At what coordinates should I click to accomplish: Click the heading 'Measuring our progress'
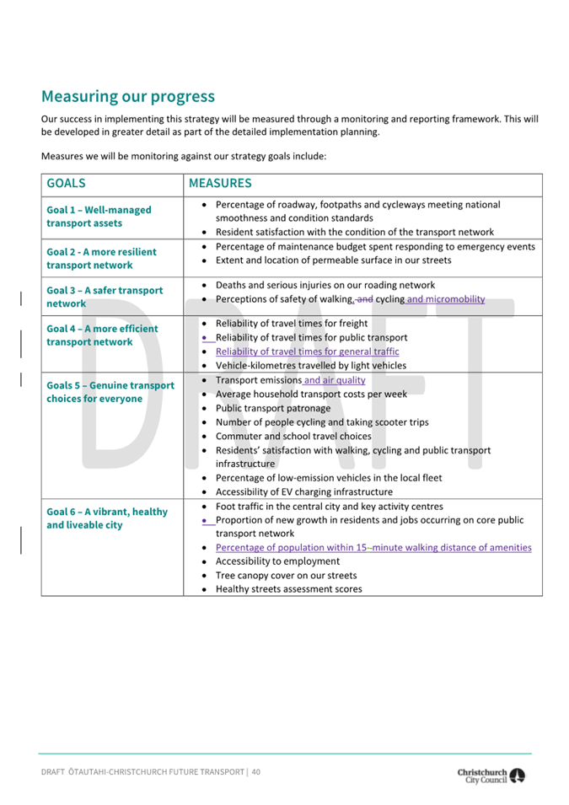[127, 96]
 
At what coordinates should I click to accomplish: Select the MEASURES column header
[220, 183]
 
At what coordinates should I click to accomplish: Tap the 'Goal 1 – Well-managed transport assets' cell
[99, 217]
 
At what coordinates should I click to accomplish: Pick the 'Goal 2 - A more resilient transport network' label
[101, 258]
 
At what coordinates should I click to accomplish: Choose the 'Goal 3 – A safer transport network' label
[105, 297]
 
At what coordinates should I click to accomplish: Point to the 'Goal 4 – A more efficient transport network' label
[102, 335]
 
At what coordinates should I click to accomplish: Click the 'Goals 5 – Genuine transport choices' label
[110, 392]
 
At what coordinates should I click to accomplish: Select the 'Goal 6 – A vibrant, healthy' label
[107, 518]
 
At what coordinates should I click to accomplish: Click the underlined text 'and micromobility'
[446, 299]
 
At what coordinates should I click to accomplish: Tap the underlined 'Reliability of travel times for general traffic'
[307, 352]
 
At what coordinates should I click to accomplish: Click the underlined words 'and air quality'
[335, 380]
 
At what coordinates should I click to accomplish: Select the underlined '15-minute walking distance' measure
[373, 547]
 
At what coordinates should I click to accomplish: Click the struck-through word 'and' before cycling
[364, 299]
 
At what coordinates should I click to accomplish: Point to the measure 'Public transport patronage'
[273, 408]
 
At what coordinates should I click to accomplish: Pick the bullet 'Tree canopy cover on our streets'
[286, 575]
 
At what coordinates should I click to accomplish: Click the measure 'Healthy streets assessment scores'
[289, 589]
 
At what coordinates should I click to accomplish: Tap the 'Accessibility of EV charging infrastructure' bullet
[303, 491]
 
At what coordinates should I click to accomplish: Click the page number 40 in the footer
[255, 771]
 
